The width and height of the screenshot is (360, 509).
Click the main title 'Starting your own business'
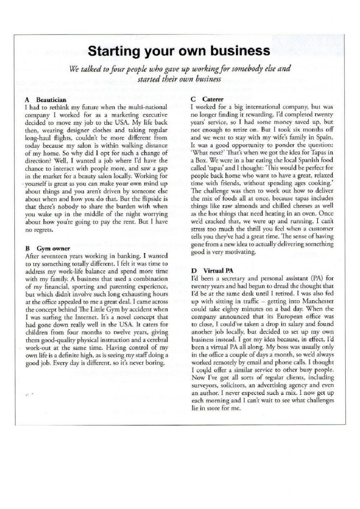pos(179,51)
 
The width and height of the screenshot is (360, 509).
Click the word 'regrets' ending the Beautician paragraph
pos(44,230)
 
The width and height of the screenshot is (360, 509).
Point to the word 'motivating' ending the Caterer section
pos(240,252)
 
